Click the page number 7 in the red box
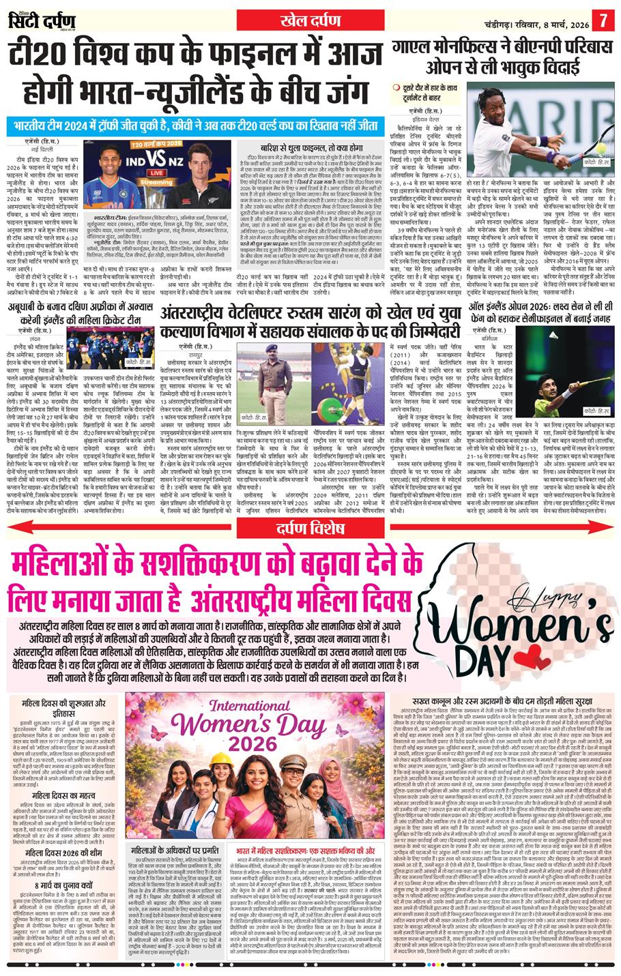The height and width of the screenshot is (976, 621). [603, 18]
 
